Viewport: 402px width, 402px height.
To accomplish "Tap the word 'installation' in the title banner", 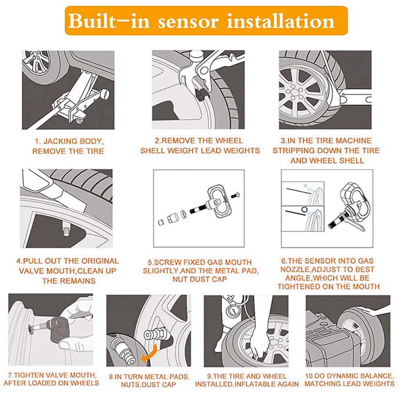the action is click(281, 21).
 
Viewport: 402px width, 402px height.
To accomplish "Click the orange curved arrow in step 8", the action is click(149, 353).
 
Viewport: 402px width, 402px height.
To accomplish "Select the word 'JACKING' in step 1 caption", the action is click(60, 141).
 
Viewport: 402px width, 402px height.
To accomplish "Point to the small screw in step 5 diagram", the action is click(235, 195).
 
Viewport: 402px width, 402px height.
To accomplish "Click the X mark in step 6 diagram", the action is click(305, 185).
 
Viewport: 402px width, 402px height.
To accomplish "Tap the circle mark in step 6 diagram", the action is click(304, 210).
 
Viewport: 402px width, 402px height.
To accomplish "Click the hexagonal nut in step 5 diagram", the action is click(171, 219).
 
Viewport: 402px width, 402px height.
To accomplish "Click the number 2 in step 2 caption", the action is click(157, 141).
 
